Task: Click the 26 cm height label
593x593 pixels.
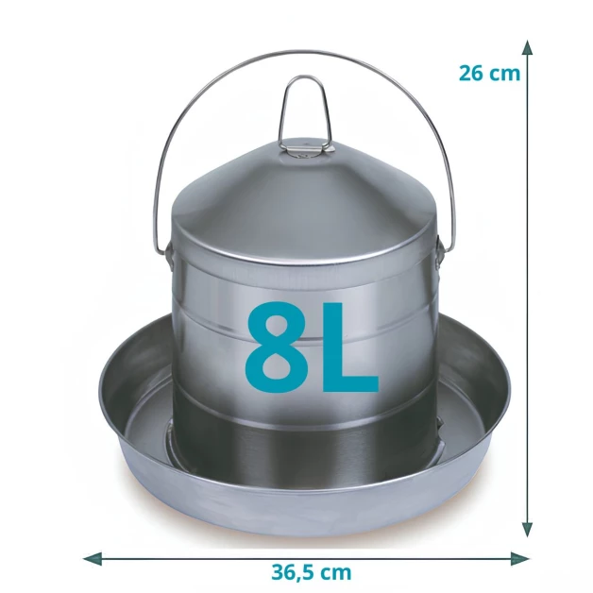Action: coord(489,73)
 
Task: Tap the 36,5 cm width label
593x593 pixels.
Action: coord(312,572)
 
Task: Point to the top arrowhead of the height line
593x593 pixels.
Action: coord(527,48)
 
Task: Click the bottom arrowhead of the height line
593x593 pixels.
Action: coord(527,529)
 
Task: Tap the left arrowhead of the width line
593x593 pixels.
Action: coord(93,558)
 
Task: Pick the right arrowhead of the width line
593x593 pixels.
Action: coord(519,558)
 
